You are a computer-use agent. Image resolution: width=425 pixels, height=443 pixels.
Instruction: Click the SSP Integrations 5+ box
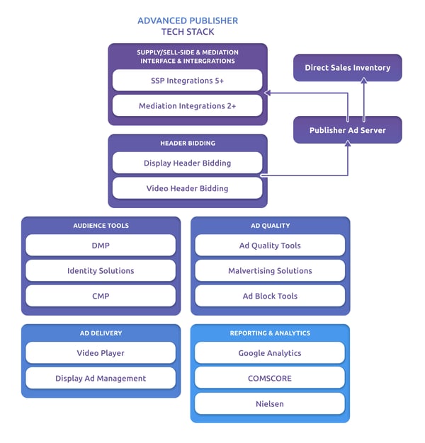187,81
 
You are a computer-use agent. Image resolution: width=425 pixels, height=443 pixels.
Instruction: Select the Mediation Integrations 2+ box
187,106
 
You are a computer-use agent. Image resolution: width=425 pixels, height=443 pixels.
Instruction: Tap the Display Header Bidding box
187,163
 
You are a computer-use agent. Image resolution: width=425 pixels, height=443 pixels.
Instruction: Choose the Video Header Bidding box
187,188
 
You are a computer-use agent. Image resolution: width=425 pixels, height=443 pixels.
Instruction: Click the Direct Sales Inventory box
347,68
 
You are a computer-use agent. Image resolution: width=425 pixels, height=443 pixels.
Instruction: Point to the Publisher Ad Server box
347,130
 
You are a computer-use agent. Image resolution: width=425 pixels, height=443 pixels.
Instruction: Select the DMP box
101,246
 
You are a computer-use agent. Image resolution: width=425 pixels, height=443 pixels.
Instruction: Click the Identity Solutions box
101,270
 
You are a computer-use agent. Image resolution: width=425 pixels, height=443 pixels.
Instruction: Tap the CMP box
101,296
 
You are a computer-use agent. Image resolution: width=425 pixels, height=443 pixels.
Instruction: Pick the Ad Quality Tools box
270,246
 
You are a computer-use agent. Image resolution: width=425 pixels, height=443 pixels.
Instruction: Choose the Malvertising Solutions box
270,270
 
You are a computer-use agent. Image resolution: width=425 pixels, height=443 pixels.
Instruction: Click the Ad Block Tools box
270,296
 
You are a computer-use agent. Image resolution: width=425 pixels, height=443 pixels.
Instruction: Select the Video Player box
101,352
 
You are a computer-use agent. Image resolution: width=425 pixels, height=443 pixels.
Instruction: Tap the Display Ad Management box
101,378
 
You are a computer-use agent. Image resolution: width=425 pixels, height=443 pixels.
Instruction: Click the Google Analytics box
270,352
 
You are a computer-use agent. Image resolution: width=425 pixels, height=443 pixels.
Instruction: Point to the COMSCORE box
270,378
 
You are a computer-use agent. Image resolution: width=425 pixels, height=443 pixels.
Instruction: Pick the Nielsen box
270,403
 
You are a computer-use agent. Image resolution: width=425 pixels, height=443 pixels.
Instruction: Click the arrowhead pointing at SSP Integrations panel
267,93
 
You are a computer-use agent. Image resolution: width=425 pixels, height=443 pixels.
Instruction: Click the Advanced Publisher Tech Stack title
187,26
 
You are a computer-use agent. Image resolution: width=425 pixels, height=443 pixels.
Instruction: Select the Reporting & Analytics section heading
270,333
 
